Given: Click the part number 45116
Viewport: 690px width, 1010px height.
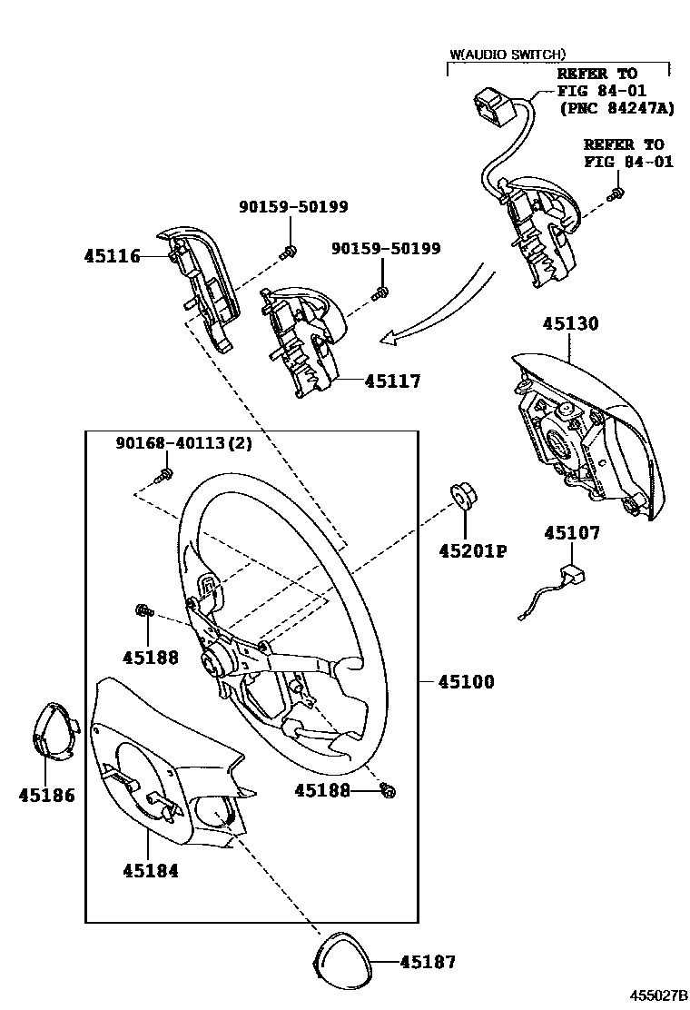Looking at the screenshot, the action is [x=112, y=256].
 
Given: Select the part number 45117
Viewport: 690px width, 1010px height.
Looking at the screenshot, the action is [x=392, y=381].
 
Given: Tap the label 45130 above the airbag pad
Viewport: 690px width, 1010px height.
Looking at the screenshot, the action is [x=570, y=323].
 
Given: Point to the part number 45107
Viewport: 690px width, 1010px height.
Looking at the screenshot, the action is [x=572, y=532].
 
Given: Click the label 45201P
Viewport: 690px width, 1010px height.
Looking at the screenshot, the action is [x=473, y=550].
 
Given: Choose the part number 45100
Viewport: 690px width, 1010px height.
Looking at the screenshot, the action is [x=466, y=681].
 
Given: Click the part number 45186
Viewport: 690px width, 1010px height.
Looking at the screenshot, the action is [x=46, y=796].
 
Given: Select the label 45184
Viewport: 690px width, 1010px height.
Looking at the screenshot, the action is [x=151, y=871].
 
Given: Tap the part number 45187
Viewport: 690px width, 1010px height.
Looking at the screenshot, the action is [x=428, y=963].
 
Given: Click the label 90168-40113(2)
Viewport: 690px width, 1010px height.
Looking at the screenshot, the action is [x=184, y=443].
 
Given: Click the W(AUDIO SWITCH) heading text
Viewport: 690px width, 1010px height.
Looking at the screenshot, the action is [x=508, y=54].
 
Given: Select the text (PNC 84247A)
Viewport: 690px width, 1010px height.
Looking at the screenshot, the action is [x=617, y=107].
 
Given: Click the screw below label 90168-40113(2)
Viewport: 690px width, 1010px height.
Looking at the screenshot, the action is [x=164, y=476].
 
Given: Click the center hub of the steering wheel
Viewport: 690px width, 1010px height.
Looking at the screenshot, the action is [x=213, y=663].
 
